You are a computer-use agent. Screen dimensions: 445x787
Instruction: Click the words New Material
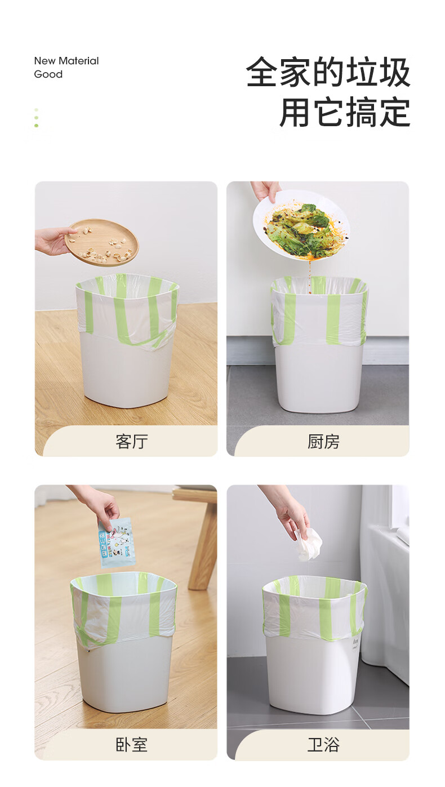[x=66, y=61]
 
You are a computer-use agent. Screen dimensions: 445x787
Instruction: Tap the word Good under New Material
[x=48, y=74]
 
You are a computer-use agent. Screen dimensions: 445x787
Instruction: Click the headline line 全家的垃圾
[x=328, y=72]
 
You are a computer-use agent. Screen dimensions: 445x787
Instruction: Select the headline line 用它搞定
[x=345, y=112]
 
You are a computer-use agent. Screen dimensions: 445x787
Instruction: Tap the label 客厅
[x=132, y=441]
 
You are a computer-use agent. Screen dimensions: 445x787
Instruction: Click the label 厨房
[x=323, y=441]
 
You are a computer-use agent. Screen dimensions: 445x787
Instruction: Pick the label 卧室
[x=132, y=745]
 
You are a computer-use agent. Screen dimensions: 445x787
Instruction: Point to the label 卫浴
[x=323, y=745]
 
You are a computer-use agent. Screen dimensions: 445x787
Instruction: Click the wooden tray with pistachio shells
[x=101, y=242]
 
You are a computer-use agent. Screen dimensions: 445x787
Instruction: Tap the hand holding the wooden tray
[x=55, y=241]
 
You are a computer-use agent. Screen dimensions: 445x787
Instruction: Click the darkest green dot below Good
[x=37, y=126]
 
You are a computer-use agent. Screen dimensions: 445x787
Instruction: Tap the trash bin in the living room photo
[x=127, y=340]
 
